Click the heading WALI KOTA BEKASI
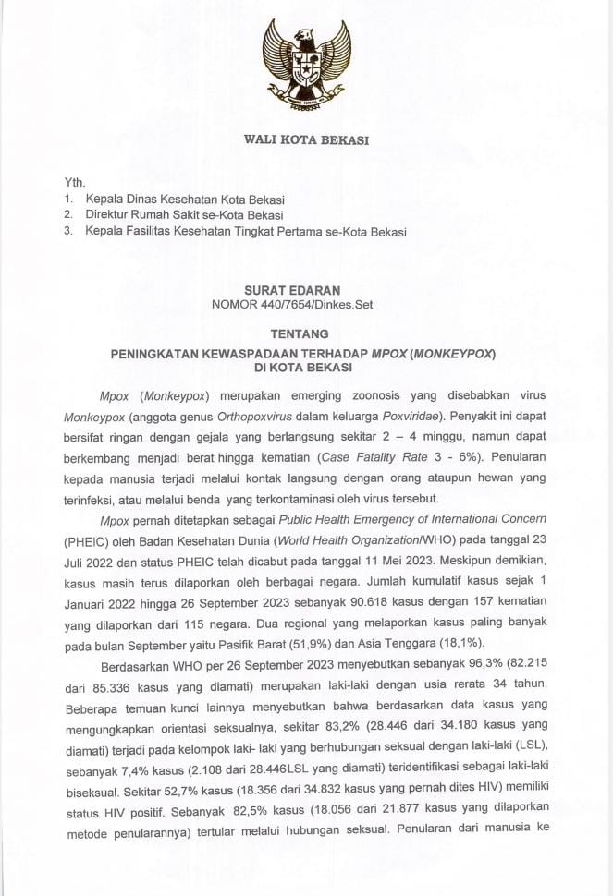coord(306,140)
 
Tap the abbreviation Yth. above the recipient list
coord(74,182)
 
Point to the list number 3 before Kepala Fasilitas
coord(67,232)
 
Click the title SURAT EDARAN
coord(306,289)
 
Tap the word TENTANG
coord(306,333)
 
